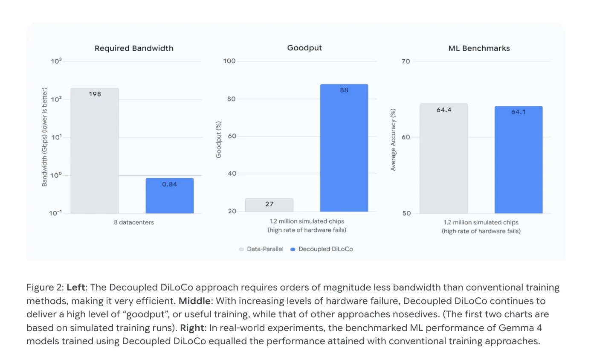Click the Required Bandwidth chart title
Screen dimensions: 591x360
[134, 48]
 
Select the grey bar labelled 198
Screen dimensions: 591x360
[95, 151]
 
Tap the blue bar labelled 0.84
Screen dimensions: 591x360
[170, 196]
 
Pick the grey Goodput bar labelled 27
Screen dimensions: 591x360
[269, 205]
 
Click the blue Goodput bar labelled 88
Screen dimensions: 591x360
[344, 148]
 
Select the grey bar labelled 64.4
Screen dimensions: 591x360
[444, 158]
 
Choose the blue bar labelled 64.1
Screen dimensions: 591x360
[519, 160]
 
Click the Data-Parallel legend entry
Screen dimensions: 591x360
[261, 249]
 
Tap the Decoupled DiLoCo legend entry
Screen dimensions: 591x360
[322, 249]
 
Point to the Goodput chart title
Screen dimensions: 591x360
[304, 48]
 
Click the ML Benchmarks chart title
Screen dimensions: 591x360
[479, 48]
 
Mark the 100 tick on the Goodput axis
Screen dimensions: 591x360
[229, 61]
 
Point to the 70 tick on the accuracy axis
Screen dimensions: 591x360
[406, 61]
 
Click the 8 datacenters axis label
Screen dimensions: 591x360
[134, 222]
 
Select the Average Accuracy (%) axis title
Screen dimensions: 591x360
[393, 139]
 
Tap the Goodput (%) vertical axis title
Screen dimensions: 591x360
[218, 139]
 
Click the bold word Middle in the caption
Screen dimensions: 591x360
[194, 301]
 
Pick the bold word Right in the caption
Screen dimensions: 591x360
[192, 328]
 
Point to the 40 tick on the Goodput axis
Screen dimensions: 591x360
[232, 174]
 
